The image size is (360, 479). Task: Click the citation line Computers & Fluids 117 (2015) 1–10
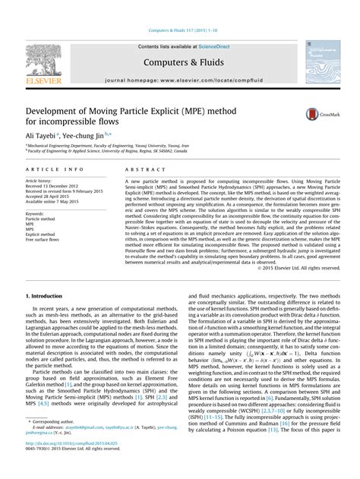[x=180, y=30]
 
